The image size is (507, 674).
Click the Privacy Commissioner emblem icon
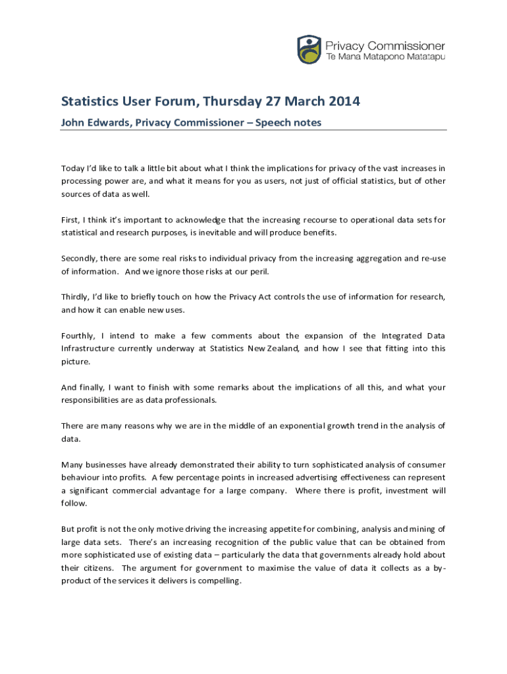coord(309,49)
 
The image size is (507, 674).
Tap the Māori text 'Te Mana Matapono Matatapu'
coord(386,58)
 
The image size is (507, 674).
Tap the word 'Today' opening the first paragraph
coord(73,168)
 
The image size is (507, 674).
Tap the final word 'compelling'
coord(219,580)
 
